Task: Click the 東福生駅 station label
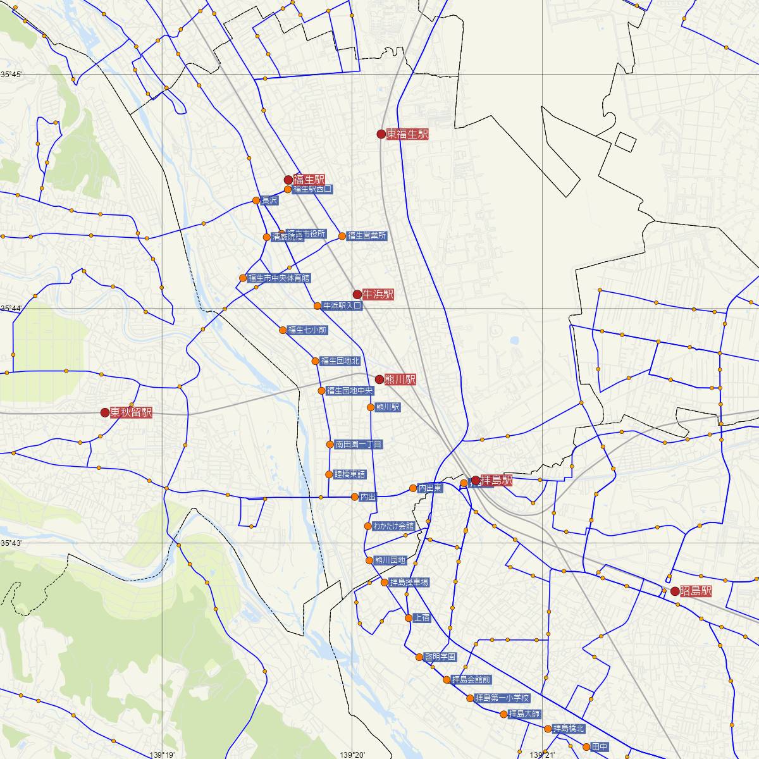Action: (407, 134)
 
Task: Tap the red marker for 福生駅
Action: (288, 180)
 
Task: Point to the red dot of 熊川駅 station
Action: (379, 379)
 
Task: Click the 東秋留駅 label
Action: (131, 412)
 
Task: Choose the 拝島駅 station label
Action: (497, 480)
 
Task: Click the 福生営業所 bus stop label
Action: (367, 236)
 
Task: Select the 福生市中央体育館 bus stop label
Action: (279, 278)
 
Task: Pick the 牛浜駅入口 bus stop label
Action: (342, 305)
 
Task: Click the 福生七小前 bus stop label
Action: (307, 330)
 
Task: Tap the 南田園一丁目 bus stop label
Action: (359, 445)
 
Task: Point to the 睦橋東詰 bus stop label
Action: (350, 474)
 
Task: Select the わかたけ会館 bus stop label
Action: (393, 526)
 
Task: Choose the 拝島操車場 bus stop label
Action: (409, 582)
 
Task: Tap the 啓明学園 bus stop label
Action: (440, 657)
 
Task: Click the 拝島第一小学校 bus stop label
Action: (502, 698)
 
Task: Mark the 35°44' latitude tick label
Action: (12, 308)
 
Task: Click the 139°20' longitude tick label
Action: (352, 754)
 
